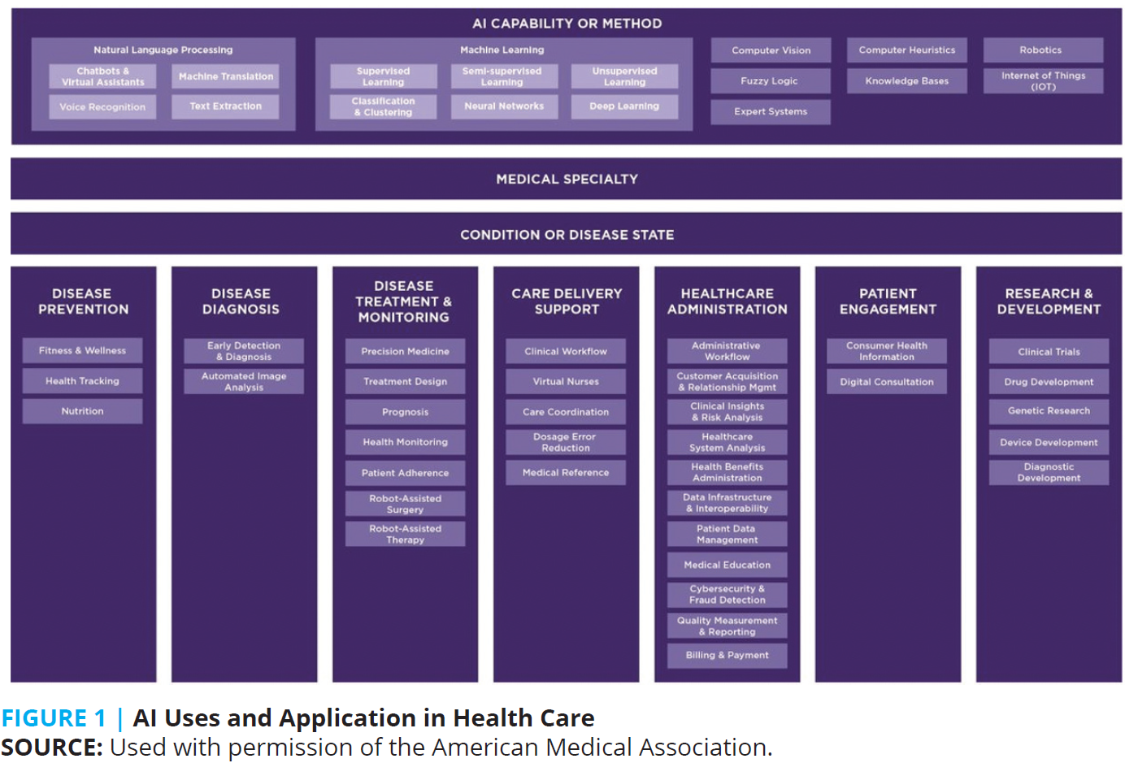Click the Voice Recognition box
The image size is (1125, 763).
pos(102,106)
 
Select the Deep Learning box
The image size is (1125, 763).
pos(624,106)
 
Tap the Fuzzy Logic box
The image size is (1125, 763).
pos(770,80)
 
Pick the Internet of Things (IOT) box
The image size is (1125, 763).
pos(1043,80)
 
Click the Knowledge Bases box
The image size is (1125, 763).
pos(906,80)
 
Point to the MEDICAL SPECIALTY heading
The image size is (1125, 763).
pos(567,179)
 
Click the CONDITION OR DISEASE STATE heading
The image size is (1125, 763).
pos(567,235)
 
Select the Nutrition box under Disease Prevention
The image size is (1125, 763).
pos(82,411)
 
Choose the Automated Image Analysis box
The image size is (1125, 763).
pos(244,381)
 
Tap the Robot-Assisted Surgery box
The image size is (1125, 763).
pos(405,504)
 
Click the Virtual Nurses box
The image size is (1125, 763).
pos(566,381)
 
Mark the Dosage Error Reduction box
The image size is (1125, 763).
pos(566,442)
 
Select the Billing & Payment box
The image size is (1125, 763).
pos(727,655)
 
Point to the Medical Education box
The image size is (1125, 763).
pos(727,565)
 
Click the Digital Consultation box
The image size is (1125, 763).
pos(887,381)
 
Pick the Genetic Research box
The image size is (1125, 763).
pos(1049,411)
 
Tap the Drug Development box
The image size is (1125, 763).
pos(1049,381)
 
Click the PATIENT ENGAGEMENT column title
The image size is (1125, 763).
pos(888,301)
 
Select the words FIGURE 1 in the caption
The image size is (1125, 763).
pos(54,718)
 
